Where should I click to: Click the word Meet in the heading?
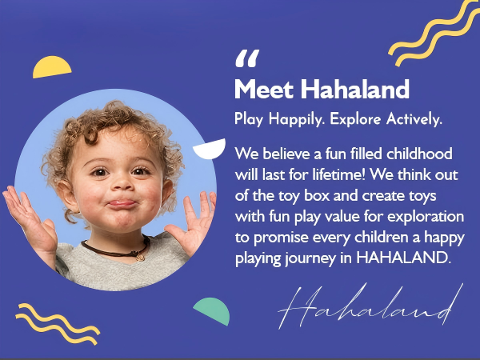click(x=264, y=89)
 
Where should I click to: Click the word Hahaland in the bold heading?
click(x=354, y=89)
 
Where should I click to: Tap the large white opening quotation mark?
click(x=247, y=58)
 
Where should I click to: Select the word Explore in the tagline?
click(x=355, y=119)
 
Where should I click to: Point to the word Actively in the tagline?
click(x=414, y=118)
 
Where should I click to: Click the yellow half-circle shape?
click(x=52, y=66)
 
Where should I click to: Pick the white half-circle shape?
click(x=210, y=149)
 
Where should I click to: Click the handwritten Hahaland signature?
click(x=370, y=306)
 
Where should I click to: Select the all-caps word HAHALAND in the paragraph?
click(x=404, y=258)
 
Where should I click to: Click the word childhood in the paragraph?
click(x=419, y=154)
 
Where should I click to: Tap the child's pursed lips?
click(x=122, y=204)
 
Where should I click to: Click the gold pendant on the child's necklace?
click(x=141, y=257)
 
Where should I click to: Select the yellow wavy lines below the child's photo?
click(x=58, y=324)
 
